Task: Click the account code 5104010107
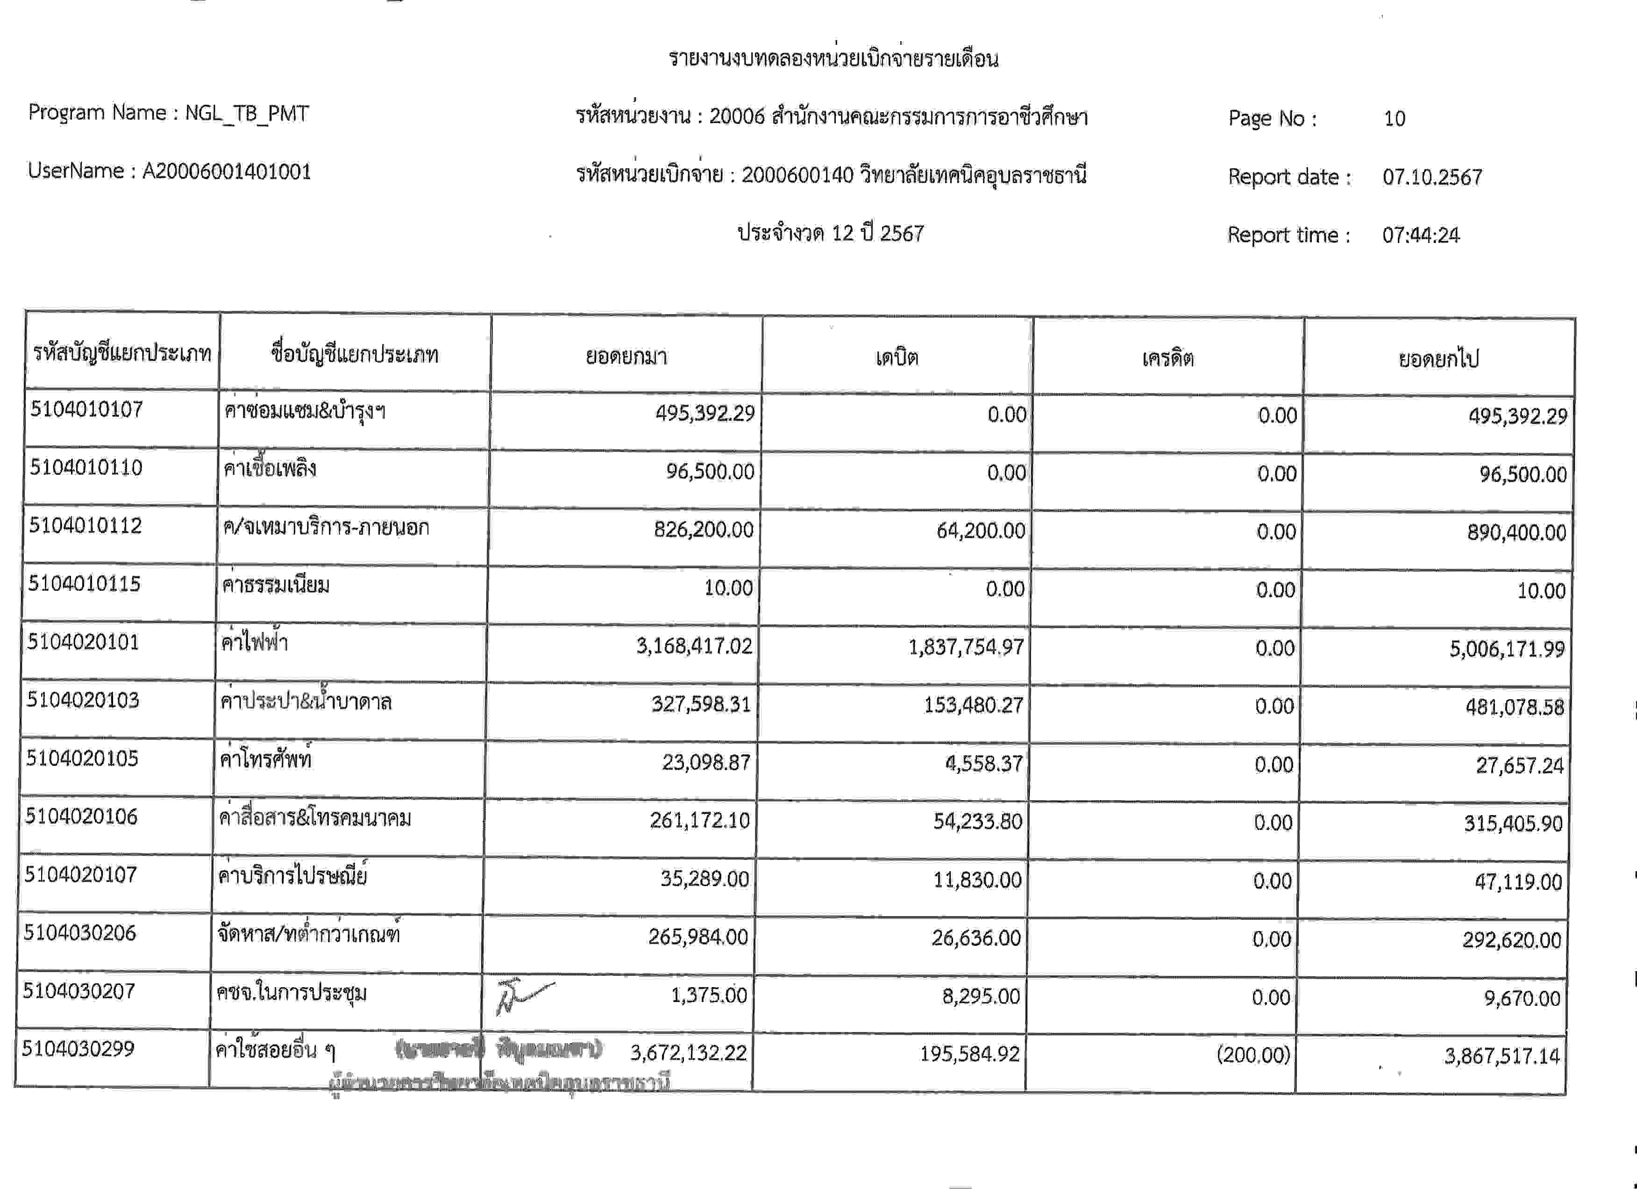86,410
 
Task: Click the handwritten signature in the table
523,997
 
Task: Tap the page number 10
1394,118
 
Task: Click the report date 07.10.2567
1432,177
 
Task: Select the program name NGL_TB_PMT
247,114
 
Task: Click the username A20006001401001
227,172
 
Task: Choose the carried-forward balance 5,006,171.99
1507,649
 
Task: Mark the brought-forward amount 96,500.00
710,472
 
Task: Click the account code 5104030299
78,1049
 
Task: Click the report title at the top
833,58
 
